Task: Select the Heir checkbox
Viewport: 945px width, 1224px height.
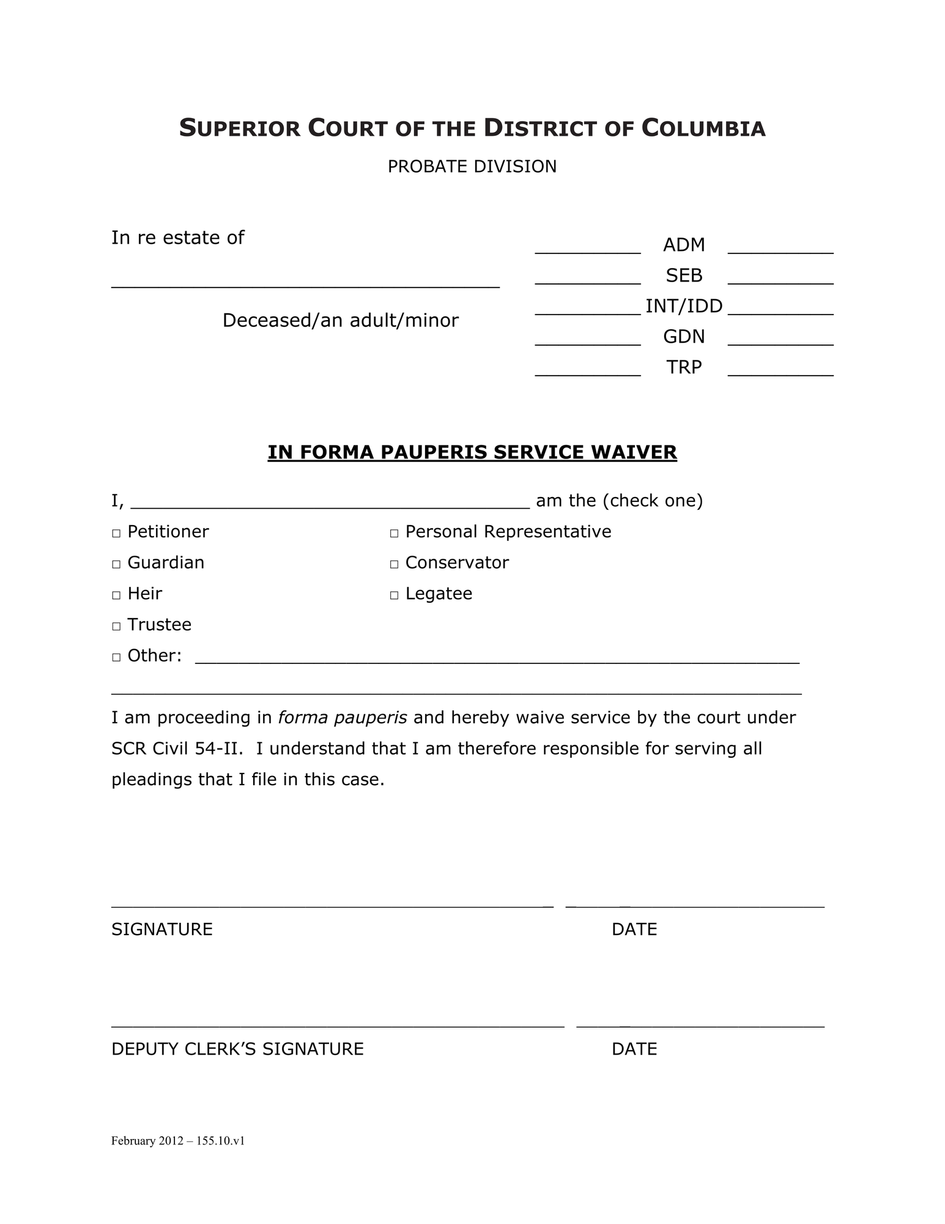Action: point(116,595)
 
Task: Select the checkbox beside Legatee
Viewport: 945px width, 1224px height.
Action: point(394,595)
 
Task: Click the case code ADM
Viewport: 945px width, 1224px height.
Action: point(683,245)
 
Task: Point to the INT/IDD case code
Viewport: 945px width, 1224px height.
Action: point(683,306)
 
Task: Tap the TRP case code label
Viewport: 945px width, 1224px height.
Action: point(683,367)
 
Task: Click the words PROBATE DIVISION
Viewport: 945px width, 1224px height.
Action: point(472,166)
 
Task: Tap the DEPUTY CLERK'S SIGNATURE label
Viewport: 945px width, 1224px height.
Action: point(237,1049)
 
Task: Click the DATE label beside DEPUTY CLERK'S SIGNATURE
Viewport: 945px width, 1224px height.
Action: point(634,1049)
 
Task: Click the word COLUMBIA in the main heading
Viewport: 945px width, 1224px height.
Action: point(703,129)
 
